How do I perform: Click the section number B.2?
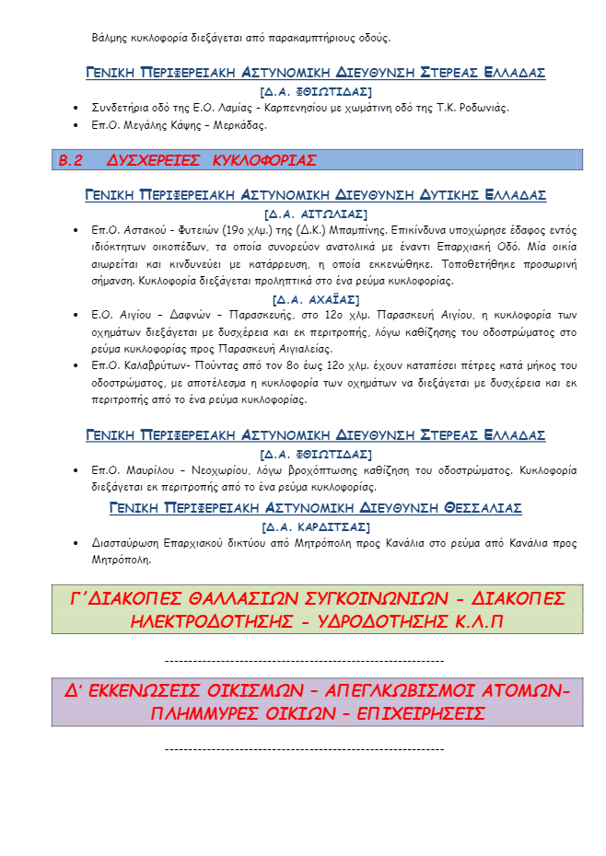click(71, 160)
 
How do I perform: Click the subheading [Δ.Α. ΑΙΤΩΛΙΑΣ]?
click(316, 214)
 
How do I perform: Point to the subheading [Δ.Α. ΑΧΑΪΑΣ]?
click(316, 299)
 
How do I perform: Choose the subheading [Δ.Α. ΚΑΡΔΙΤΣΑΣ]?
click(316, 526)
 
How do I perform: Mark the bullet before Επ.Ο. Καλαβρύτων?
click(76, 365)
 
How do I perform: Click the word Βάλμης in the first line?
click(110, 38)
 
